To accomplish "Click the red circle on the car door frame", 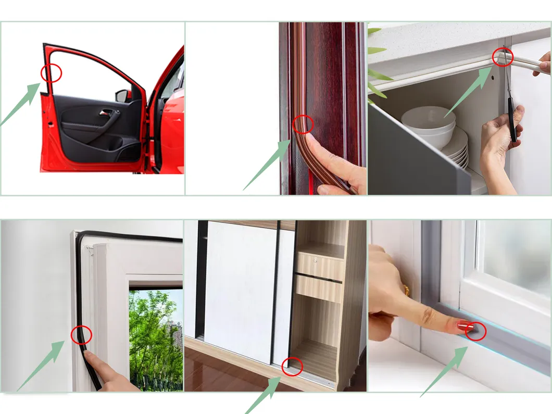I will [52, 73].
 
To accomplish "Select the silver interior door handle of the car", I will [106, 112].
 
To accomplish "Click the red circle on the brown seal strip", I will [303, 124].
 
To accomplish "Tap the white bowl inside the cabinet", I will [428, 121].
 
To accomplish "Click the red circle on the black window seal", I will [81, 334].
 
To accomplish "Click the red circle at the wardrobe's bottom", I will [292, 366].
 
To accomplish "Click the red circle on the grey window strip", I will [475, 331].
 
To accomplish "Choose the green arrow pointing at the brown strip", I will [269, 164].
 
